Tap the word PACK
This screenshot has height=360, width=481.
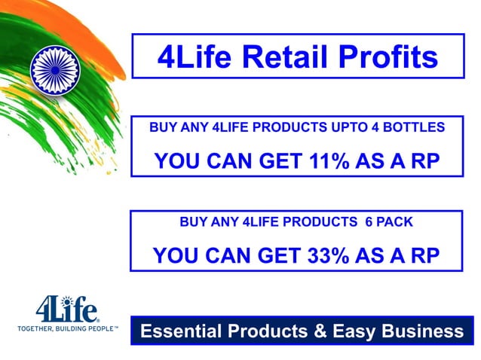[397, 223]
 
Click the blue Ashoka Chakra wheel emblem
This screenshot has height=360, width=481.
[54, 70]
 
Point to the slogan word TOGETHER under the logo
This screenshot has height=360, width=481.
[38, 329]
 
